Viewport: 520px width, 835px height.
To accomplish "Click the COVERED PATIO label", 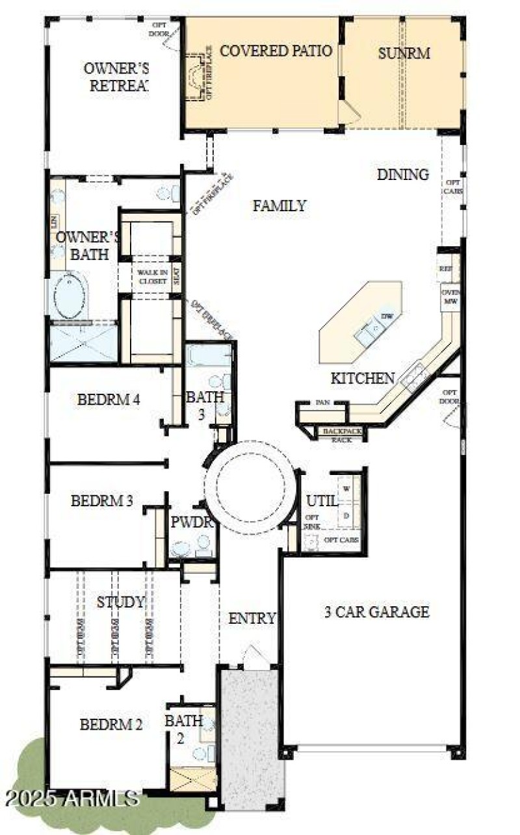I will pyautogui.click(x=276, y=51).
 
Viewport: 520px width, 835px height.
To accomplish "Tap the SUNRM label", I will pyautogui.click(x=404, y=53).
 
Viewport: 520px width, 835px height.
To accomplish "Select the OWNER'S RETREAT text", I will pyautogui.click(x=117, y=76).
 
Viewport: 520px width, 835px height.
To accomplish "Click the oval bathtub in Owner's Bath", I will pyautogui.click(x=70, y=296).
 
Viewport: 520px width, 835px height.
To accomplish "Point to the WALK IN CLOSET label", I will pyautogui.click(x=151, y=277).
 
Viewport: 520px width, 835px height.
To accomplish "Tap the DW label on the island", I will pyautogui.click(x=387, y=315).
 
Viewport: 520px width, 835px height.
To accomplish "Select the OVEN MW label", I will pyautogui.click(x=450, y=296).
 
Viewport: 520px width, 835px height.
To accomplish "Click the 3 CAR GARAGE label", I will pyautogui.click(x=376, y=611).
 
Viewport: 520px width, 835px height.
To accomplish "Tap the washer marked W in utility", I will pyautogui.click(x=346, y=487).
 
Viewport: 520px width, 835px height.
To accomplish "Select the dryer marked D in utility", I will pyautogui.click(x=346, y=515).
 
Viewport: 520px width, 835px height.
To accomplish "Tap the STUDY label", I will pyautogui.click(x=120, y=602).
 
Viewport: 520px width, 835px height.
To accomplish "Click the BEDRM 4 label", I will pyautogui.click(x=109, y=400).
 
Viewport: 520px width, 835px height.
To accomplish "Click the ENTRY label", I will pyautogui.click(x=252, y=618).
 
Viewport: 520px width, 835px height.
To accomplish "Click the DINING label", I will pyautogui.click(x=403, y=174).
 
